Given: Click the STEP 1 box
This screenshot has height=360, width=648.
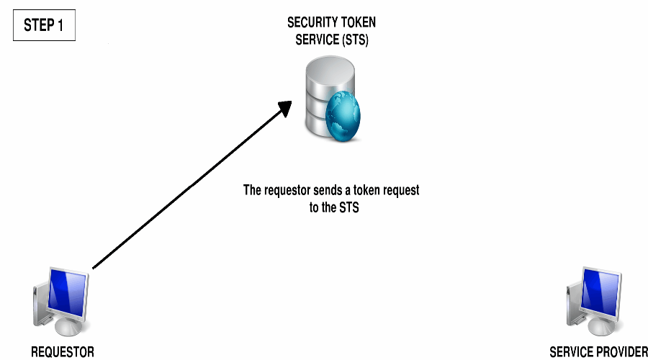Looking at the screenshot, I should click(x=43, y=25).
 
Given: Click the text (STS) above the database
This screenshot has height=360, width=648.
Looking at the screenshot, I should click(x=353, y=40).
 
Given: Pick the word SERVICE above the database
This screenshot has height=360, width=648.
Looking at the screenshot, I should click(x=315, y=40).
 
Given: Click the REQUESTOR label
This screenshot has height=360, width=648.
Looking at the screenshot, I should click(x=63, y=352).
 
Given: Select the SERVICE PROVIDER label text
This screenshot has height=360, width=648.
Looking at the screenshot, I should click(x=598, y=352).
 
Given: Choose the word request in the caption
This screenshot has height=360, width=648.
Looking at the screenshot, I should click(x=399, y=191).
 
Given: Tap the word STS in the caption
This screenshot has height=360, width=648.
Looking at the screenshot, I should click(x=348, y=207).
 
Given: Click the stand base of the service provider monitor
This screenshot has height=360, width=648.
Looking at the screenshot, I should click(x=598, y=330).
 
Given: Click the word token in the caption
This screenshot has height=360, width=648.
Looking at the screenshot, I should click(x=367, y=191).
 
